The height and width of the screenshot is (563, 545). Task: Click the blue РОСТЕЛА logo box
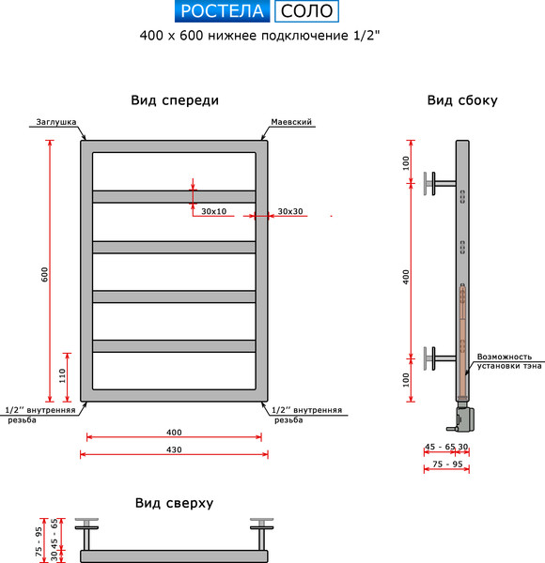(223, 11)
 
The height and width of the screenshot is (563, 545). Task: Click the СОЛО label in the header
(305, 11)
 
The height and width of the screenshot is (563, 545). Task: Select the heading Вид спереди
(175, 100)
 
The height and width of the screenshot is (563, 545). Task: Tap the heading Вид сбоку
(461, 100)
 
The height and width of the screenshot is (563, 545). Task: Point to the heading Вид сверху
(174, 503)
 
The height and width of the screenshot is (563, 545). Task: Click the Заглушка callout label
(55, 123)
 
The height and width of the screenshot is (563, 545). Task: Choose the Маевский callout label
(290, 123)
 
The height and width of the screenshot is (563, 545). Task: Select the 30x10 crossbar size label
(214, 211)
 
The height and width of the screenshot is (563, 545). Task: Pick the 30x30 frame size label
(290, 211)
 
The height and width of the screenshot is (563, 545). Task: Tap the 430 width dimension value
(174, 449)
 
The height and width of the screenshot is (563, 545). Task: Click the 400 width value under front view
(174, 433)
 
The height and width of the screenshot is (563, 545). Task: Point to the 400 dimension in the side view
(406, 277)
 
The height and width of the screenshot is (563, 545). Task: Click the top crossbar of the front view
(174, 196)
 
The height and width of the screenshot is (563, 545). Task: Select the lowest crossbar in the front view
(174, 346)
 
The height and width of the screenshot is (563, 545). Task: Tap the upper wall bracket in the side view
(438, 181)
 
